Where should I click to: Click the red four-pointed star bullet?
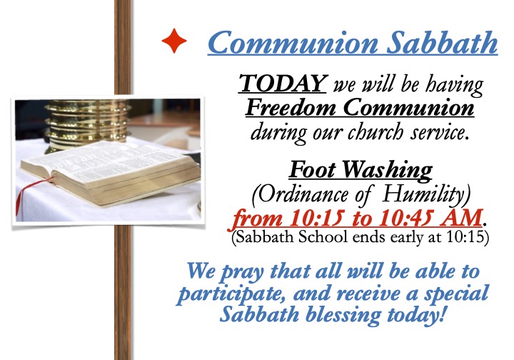point(174,41)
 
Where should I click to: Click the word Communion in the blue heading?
point(293,43)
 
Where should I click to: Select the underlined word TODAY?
point(282,83)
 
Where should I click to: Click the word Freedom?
point(291,107)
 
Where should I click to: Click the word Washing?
point(388,171)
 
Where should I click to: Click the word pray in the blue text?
point(242,273)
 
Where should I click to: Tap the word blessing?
point(343,316)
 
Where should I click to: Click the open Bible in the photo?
point(110,171)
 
